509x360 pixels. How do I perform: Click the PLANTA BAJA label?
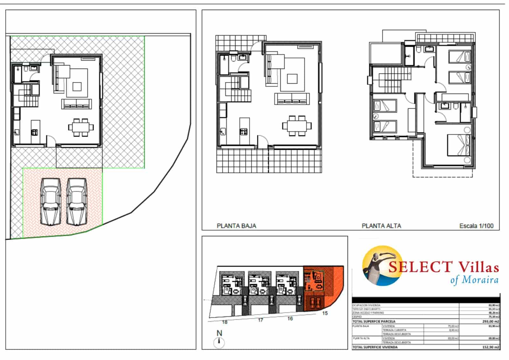coord(236,226)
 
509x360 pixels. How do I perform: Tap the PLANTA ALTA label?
coord(381,226)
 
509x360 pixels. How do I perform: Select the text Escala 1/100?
coord(476,226)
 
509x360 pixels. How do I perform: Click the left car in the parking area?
coord(51,201)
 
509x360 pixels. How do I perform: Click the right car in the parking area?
coord(76,201)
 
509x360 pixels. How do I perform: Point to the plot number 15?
coord(324,313)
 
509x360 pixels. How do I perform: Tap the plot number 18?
coord(225,322)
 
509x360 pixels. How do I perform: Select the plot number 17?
coord(261,320)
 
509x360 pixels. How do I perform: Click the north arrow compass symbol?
coord(219,342)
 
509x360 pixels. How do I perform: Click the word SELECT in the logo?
coord(420,267)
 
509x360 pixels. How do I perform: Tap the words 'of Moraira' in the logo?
coord(474,280)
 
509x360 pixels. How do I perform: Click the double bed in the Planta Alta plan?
coord(458,145)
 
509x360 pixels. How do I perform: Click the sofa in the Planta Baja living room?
coord(292,99)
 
